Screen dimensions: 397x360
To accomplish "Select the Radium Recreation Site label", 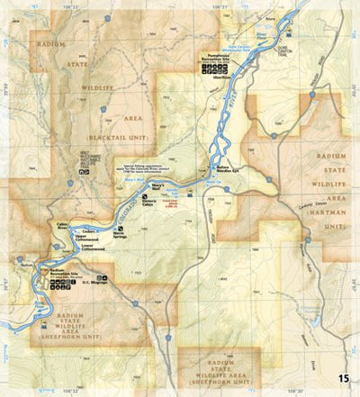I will [x=61, y=271].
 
